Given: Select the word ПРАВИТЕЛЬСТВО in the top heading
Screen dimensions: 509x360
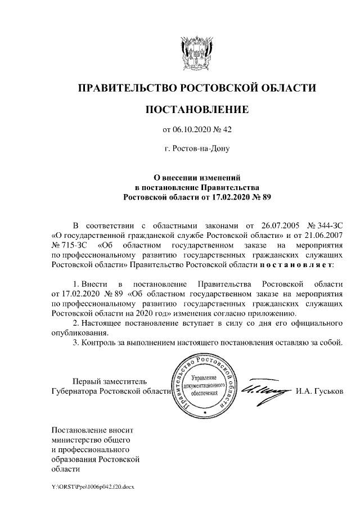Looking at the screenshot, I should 127,88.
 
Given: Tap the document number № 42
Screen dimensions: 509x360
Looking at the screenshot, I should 223,130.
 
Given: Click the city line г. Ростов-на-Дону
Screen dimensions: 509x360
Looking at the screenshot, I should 196,149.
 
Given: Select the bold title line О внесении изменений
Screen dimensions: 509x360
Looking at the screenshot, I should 197,177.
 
